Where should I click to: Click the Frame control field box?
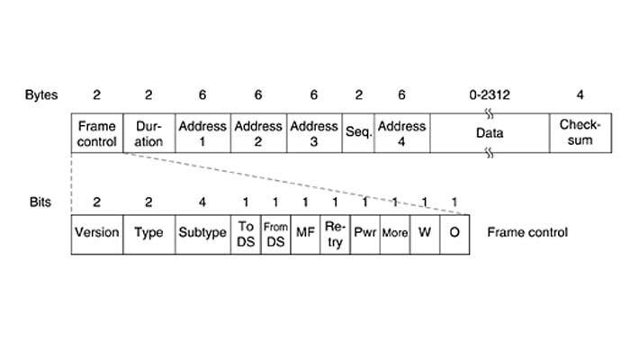(97, 133)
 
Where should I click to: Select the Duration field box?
(148, 133)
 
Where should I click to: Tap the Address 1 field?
(202, 133)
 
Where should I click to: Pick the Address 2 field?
(258, 133)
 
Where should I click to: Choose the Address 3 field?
(314, 133)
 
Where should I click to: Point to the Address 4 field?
(401, 133)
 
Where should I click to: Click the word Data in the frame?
(490, 133)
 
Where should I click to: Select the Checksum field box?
(580, 133)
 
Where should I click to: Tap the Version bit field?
(96, 233)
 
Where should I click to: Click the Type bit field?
(148, 233)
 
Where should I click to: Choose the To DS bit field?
(246, 233)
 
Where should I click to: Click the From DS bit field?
(275, 233)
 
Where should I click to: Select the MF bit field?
(305, 233)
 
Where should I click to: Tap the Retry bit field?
(335, 233)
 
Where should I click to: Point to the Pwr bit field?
(364, 233)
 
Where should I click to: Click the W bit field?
(425, 233)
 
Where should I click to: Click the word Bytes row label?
(41, 94)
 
